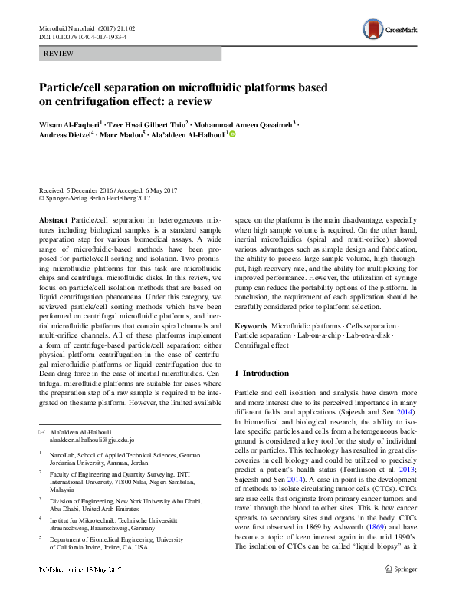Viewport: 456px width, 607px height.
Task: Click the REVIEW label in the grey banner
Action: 59,54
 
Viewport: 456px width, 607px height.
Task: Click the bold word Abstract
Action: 54,219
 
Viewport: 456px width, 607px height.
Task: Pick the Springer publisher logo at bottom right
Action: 400,592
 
